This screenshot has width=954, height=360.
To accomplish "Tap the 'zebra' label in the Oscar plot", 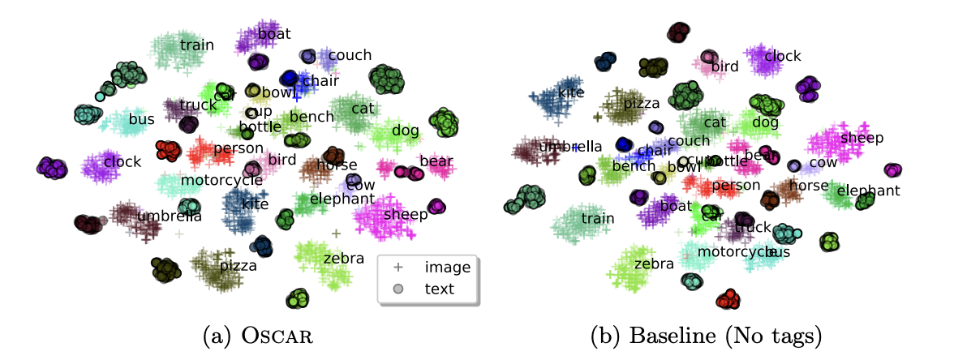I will coord(343,259).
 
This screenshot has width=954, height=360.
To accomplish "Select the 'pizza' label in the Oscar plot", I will coord(238,265).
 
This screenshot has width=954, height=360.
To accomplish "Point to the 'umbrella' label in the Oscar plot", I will coord(170,216).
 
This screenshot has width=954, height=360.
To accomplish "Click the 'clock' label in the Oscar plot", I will coord(122,161).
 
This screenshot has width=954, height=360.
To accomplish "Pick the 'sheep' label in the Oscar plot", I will coord(405,213).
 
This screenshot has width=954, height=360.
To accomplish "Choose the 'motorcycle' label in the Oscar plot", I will coord(221,180).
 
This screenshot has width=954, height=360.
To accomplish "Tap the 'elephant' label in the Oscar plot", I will coord(342,199).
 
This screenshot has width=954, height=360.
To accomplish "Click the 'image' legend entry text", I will coord(443,267).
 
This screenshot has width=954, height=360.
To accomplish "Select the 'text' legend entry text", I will coord(440,288).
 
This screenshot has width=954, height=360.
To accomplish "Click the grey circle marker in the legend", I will coord(398,289).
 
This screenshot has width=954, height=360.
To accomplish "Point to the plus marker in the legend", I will coord(398,267).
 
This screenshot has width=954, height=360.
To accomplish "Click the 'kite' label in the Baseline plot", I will coord(571,92).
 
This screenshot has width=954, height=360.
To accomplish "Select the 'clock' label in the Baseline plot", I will coord(783,56).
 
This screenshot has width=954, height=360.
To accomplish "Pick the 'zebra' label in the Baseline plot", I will coord(654,264).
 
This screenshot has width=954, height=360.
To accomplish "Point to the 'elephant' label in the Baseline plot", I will coord(869,191).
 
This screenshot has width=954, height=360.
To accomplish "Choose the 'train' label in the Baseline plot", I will coord(597,218).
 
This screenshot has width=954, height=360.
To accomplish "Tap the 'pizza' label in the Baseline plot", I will coord(642,103).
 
